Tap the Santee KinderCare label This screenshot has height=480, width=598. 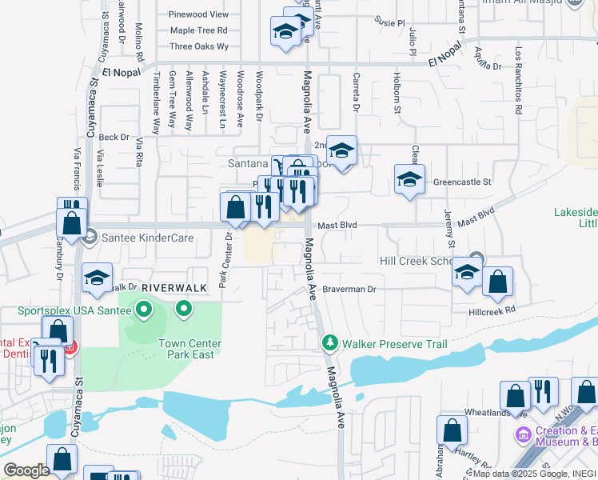point(129,238)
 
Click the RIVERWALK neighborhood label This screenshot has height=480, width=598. point(169,286)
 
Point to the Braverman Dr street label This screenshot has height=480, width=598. point(349,289)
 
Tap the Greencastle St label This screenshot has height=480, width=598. point(462,182)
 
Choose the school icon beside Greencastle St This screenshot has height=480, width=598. point(409,179)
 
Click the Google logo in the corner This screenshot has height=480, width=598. point(26,470)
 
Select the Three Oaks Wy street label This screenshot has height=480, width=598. point(199,46)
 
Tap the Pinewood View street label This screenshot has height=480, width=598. point(199,14)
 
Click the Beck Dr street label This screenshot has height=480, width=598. point(114,137)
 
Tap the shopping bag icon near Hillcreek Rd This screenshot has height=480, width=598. point(497,281)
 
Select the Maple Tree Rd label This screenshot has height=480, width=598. point(199,30)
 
